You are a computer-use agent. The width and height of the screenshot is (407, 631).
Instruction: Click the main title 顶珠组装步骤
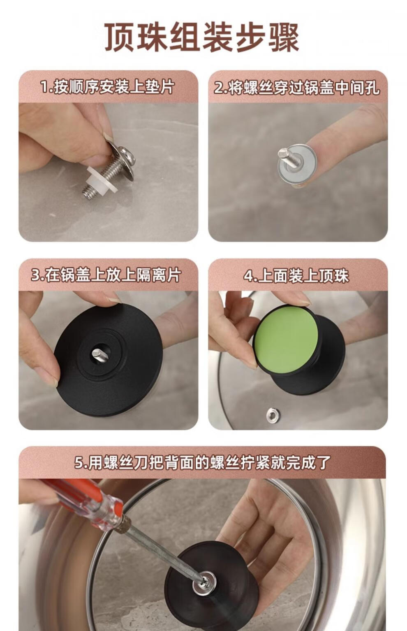pyautogui.click(x=202, y=37)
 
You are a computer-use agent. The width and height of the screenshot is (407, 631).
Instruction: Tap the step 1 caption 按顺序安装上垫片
pyautogui.click(x=107, y=87)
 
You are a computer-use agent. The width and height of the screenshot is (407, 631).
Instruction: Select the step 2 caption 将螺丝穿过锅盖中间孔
pyautogui.click(x=297, y=88)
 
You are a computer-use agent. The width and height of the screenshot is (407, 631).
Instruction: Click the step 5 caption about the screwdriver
pyautogui.click(x=202, y=463)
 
